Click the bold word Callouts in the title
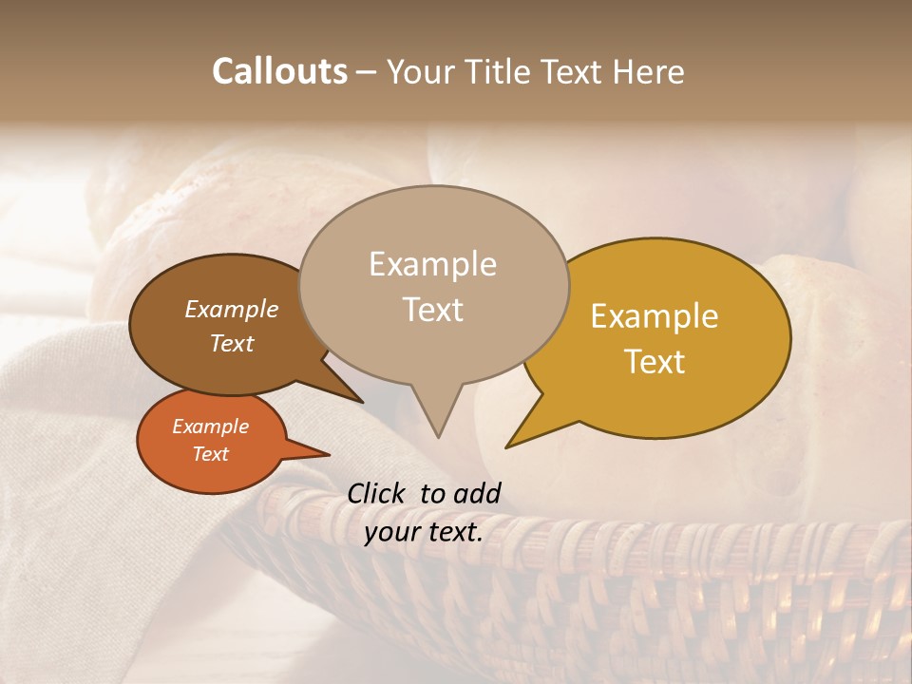coord(279,71)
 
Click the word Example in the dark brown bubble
coord(232,310)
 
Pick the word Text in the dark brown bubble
coord(232,343)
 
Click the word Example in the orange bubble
coord(211,427)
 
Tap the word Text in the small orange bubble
coord(211,454)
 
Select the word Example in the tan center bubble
coord(433,264)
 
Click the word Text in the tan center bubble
coord(433,310)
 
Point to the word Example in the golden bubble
coord(655,316)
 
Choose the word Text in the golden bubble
coord(655,361)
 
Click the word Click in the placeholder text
coord(378,493)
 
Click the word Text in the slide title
coord(572,71)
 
